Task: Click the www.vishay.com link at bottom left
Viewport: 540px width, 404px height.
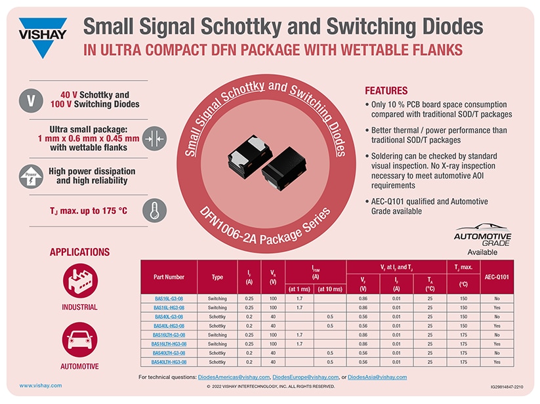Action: click(41, 386)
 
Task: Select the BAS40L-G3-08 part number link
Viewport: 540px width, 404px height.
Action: click(169, 316)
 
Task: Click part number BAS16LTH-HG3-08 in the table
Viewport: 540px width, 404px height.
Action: click(169, 344)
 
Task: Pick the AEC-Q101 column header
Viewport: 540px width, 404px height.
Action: click(497, 277)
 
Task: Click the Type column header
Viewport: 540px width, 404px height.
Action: click(217, 277)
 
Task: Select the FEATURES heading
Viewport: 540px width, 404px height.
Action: click(386, 91)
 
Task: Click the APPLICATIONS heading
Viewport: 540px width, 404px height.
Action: click(80, 252)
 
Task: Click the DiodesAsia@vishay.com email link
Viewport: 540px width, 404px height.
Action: click(377, 377)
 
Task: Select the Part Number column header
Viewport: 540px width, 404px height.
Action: click(169, 277)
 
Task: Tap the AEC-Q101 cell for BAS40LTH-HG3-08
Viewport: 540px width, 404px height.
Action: click(497, 362)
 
